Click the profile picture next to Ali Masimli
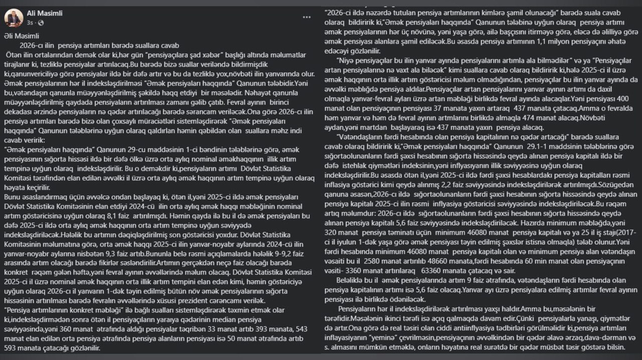point(14,18)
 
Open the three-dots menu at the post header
point(307,18)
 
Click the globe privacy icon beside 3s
point(41,23)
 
